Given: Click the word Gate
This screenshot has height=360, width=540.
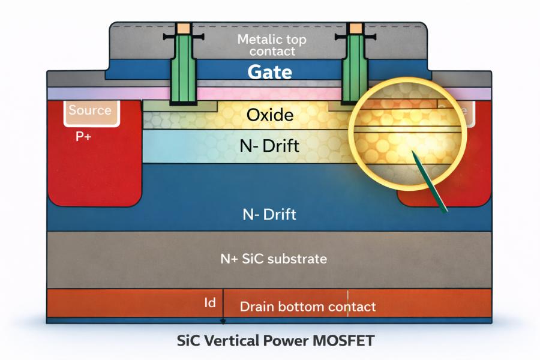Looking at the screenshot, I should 270,73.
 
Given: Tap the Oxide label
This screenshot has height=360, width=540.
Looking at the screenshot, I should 270,115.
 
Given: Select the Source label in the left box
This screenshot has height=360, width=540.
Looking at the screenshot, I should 90,110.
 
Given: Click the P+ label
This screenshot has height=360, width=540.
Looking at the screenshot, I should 83,136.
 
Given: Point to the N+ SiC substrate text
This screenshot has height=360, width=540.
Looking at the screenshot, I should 273,259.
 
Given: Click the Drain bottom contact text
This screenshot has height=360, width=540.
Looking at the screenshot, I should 308,307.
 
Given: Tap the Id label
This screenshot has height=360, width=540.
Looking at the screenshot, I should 210,303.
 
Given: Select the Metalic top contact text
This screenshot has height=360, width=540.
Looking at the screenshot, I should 272,46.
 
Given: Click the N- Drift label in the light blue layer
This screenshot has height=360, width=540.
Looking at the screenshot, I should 273,145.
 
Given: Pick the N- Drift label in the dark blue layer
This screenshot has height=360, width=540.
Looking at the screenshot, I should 269,214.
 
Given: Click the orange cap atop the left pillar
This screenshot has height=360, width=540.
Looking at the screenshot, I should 183,28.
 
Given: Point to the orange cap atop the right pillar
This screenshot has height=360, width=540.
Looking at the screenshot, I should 355,28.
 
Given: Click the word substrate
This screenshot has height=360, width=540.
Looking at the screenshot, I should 298,259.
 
